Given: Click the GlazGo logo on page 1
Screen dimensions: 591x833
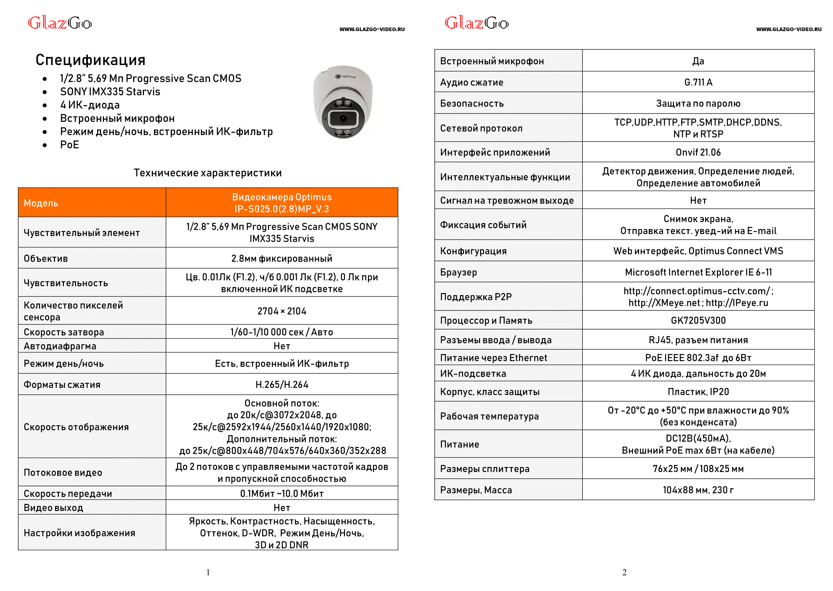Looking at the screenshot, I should (x=60, y=23).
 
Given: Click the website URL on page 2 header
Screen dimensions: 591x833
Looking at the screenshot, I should (x=788, y=29).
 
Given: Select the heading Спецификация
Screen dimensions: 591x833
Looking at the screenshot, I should (x=90, y=60).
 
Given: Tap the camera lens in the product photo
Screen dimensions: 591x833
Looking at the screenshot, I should (x=343, y=119).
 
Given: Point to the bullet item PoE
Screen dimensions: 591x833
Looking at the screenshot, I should (x=70, y=145).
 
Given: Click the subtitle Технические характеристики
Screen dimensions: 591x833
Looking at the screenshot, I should (x=207, y=173).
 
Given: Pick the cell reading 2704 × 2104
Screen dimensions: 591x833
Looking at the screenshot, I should (x=281, y=311).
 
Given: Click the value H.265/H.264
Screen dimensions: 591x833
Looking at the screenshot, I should (x=281, y=385).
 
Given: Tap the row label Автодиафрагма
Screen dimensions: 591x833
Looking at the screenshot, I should (x=60, y=346).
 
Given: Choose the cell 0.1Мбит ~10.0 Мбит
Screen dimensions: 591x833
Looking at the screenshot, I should (x=281, y=494).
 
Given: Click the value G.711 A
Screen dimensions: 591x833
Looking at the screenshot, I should (x=698, y=82).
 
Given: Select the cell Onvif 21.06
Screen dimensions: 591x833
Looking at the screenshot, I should (x=698, y=153).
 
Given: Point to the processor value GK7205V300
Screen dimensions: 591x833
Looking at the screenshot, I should (x=698, y=321).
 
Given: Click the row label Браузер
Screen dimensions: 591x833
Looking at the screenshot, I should (x=458, y=272).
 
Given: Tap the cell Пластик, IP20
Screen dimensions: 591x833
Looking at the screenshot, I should (x=698, y=392).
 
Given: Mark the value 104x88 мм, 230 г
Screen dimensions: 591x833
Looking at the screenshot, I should (x=698, y=490).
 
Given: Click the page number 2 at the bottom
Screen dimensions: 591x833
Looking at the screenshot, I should (x=624, y=572).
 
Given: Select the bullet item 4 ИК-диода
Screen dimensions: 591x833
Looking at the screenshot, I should (x=90, y=105).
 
